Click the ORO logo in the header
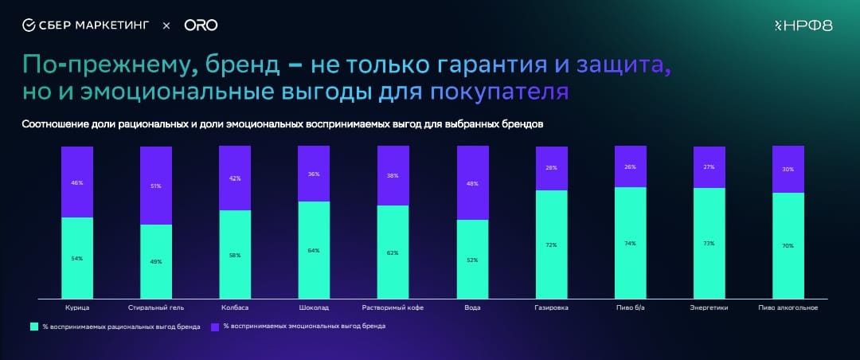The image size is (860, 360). click(201, 25)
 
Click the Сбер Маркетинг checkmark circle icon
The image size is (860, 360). click(29, 25)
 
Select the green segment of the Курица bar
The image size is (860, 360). click(77, 257)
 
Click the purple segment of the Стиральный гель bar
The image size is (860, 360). click(156, 186)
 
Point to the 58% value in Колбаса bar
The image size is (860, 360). click(235, 254)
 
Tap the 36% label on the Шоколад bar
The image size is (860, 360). click(314, 174)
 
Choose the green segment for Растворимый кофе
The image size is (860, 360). click(393, 252)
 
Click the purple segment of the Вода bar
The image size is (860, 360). click(472, 183)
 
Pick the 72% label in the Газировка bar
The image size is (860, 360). click(552, 245)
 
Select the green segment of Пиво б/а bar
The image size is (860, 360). click(631, 242)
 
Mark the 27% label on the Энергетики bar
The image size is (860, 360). click(709, 167)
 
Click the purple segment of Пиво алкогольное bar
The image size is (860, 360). click(788, 170)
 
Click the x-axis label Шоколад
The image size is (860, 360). click(314, 307)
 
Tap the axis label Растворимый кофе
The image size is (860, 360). click(393, 307)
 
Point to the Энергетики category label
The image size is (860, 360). click(709, 307)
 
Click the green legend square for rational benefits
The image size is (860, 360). click(34, 327)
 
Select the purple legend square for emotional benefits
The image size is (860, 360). click(215, 327)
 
